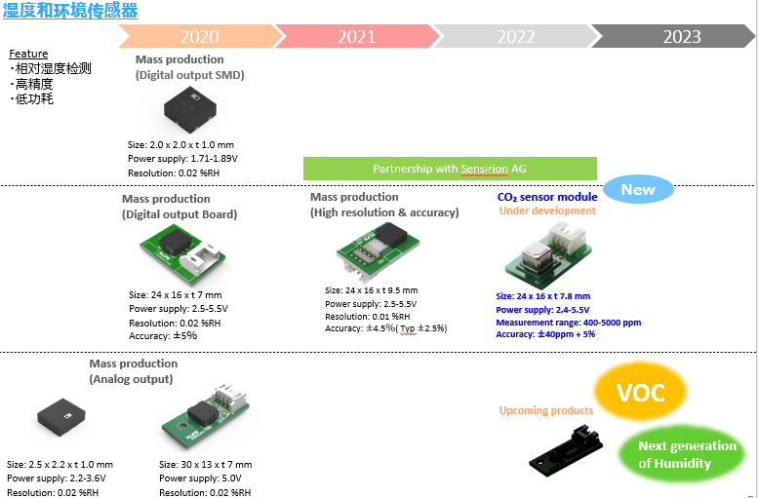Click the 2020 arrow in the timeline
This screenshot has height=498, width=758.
tap(199, 36)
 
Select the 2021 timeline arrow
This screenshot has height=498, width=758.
tap(356, 36)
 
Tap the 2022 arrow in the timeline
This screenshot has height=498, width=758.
tap(515, 36)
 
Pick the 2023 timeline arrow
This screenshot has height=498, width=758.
tap(681, 36)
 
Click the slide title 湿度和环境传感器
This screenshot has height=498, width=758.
tap(69, 11)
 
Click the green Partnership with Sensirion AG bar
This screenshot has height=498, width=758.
tap(450, 169)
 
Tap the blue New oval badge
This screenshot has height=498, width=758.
tap(638, 189)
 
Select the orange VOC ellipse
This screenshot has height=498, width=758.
tap(641, 393)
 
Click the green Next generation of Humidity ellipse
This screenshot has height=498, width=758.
tap(687, 454)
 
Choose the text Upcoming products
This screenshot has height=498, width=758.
tap(546, 410)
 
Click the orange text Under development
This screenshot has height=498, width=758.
tap(546, 211)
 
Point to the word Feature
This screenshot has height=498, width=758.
tap(28, 55)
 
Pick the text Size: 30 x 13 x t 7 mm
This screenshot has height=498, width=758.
tap(205, 465)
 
